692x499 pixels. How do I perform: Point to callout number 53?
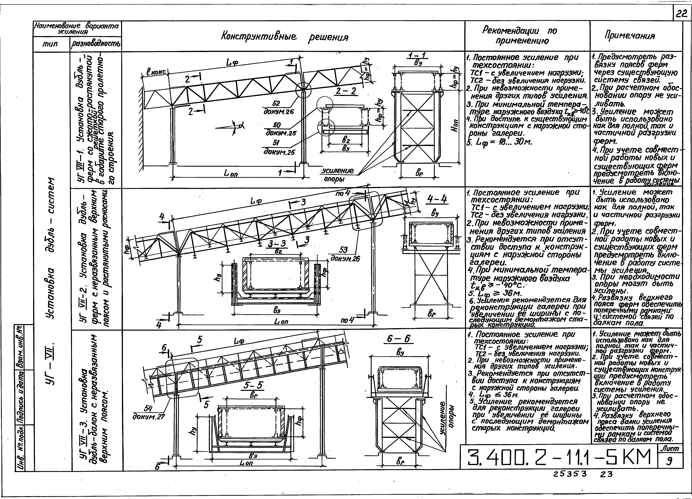click(343, 250)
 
